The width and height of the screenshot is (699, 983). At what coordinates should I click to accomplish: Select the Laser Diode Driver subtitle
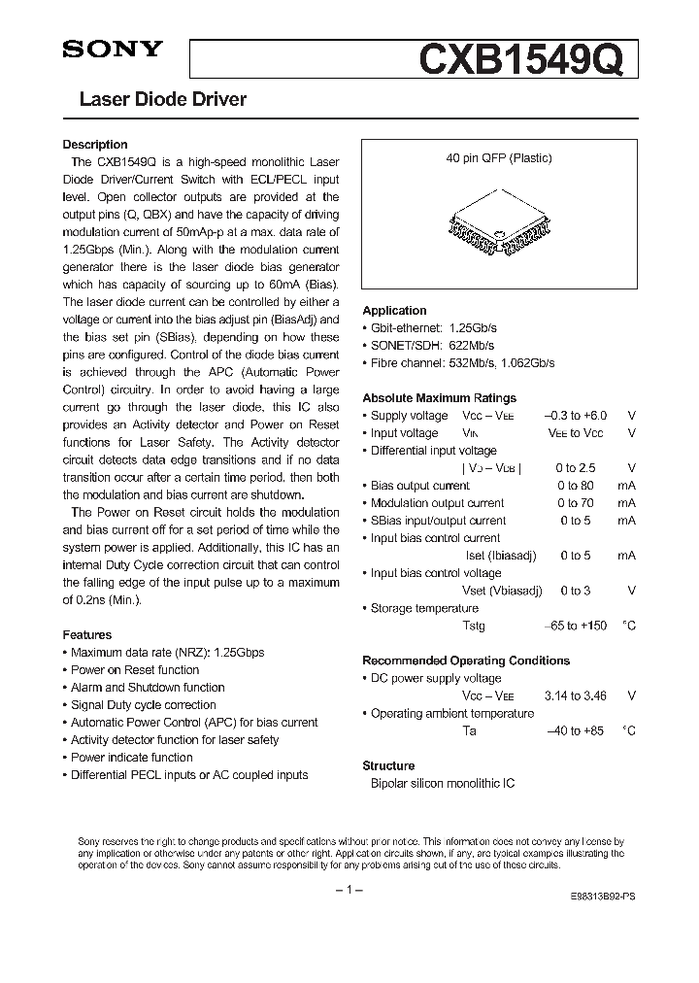click(x=162, y=99)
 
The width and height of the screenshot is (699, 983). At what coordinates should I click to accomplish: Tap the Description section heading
click(x=95, y=145)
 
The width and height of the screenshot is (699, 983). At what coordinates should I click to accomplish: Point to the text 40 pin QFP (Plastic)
click(x=499, y=157)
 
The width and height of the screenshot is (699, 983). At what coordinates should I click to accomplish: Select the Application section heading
click(x=394, y=311)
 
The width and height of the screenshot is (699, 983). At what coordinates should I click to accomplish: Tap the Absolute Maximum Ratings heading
click(x=439, y=398)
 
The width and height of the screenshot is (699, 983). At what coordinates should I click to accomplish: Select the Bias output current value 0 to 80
click(x=575, y=486)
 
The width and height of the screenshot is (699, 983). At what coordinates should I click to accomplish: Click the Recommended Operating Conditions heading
click(x=466, y=661)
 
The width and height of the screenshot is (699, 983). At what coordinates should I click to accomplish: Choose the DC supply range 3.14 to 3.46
click(x=575, y=695)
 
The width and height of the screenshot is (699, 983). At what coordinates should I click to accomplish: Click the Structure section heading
click(x=388, y=765)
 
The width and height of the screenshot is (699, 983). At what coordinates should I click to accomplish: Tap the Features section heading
click(x=87, y=635)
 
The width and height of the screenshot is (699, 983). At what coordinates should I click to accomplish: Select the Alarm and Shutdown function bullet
click(x=148, y=688)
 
